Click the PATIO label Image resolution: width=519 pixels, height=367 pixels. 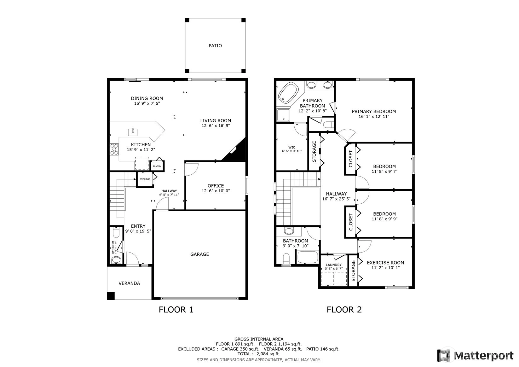point(215,46)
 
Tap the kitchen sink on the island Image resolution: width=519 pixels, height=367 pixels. point(133,132)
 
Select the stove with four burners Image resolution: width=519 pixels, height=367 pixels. point(114,149)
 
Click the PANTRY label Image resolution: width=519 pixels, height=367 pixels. point(157,166)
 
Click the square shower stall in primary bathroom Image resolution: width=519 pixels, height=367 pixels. point(283,115)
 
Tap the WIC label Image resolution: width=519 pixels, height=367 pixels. point(292,147)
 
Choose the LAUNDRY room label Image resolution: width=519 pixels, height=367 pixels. point(334,265)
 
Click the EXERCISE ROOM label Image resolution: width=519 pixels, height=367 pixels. point(385,263)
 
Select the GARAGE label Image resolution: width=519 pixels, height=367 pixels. point(199,254)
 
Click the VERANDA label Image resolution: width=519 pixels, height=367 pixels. point(129,283)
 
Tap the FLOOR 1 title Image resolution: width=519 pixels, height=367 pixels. point(176,310)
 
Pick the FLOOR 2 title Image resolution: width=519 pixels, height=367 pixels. point(344,310)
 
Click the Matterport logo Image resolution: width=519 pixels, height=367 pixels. point(476,355)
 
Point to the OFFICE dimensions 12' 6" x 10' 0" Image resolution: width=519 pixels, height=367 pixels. point(216,191)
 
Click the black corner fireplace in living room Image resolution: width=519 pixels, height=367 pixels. point(236,151)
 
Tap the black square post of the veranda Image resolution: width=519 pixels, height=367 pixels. point(111,296)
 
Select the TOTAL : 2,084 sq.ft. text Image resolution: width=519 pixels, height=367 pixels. point(259,354)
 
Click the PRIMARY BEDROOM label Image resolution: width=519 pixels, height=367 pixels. point(374,112)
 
